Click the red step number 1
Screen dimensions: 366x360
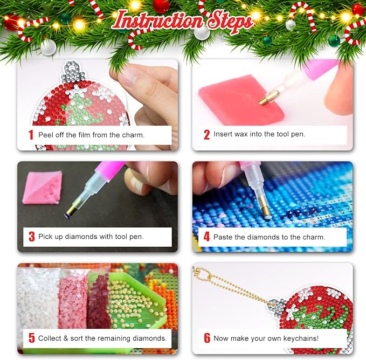31,135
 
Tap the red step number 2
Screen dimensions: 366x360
206,135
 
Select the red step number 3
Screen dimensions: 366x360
32,237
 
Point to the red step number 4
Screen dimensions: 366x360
206,237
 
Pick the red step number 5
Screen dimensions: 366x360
32,338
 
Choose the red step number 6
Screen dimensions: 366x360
207,338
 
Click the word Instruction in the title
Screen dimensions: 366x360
159,21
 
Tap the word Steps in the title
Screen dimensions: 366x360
230,22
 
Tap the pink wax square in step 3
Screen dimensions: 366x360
43,188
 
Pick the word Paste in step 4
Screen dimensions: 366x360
223,237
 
